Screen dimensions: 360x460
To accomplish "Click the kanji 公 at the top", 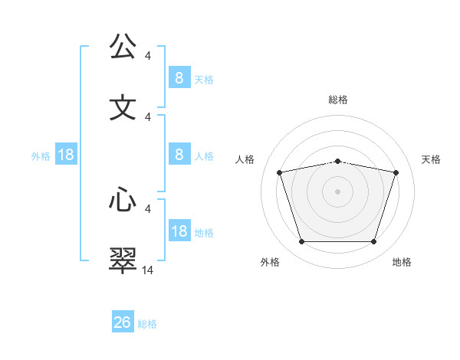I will pos(123,47).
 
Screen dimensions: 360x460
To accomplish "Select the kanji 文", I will pos(123,107).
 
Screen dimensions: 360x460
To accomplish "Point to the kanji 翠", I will pos(123,260).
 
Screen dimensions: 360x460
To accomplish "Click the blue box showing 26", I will pos(123,322).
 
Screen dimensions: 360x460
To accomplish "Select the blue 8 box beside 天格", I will pos(179,77).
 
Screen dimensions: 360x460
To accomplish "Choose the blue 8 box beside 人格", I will pos(179,155).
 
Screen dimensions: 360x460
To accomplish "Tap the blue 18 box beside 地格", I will pos(179,231).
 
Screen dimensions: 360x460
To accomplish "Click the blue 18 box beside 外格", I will pos(66,155).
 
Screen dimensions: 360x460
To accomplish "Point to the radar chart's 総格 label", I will pos(338,100).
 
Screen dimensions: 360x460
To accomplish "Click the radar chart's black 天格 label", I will pos(431,159).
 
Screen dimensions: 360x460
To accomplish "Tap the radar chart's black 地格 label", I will pos(402,262).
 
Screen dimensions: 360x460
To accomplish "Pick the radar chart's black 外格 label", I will pos(270,262).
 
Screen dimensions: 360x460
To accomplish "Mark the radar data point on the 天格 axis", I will pos(396,172).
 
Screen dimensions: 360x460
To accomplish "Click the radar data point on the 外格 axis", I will pos(301,242).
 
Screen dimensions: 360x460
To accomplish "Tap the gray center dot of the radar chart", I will pos(338,191).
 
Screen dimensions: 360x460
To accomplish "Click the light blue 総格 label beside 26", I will pos(147,324).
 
